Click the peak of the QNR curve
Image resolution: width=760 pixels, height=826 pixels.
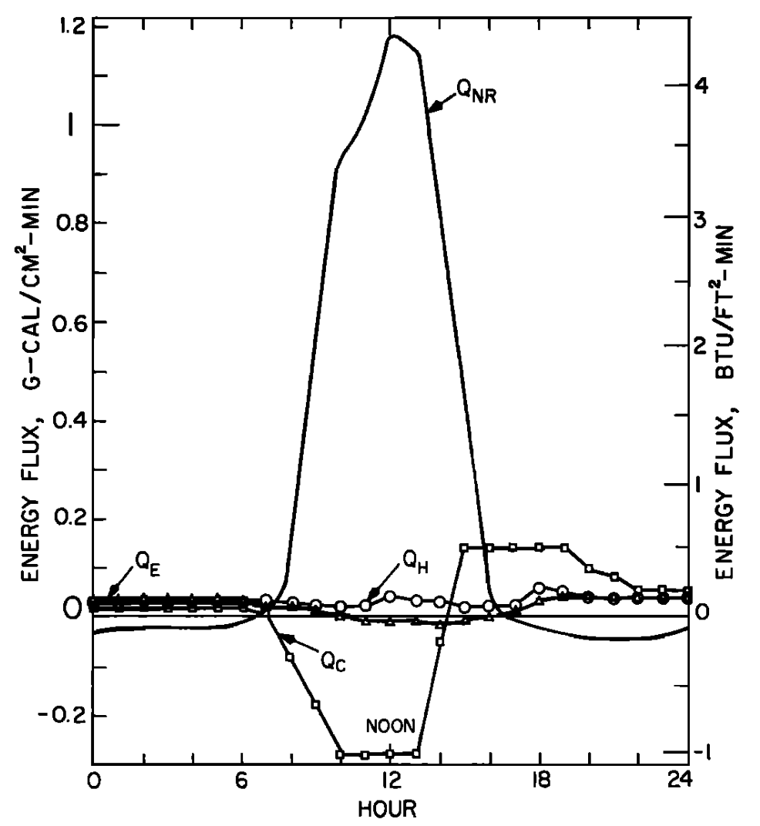393,35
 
